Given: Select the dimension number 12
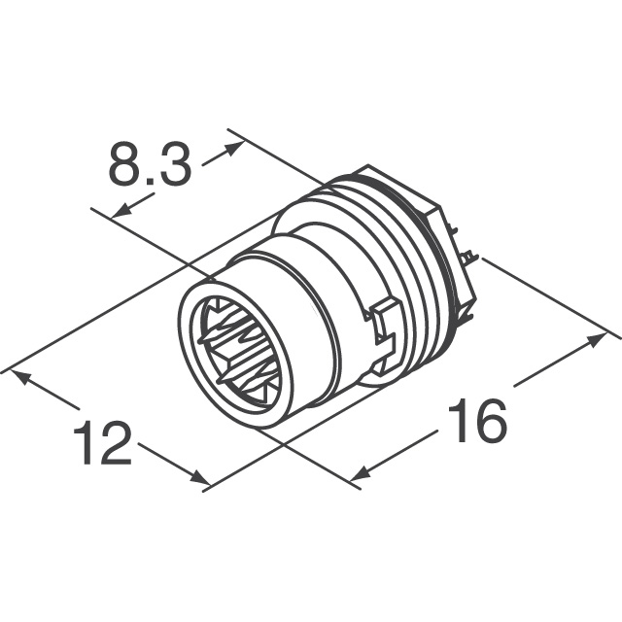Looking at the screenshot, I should tap(102, 444).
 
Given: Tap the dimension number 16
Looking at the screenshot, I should tap(476, 423).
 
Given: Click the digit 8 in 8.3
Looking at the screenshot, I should tap(124, 166).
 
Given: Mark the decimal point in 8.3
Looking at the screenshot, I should tap(149, 182).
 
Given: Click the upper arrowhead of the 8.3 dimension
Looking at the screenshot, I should tap(234, 149).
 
